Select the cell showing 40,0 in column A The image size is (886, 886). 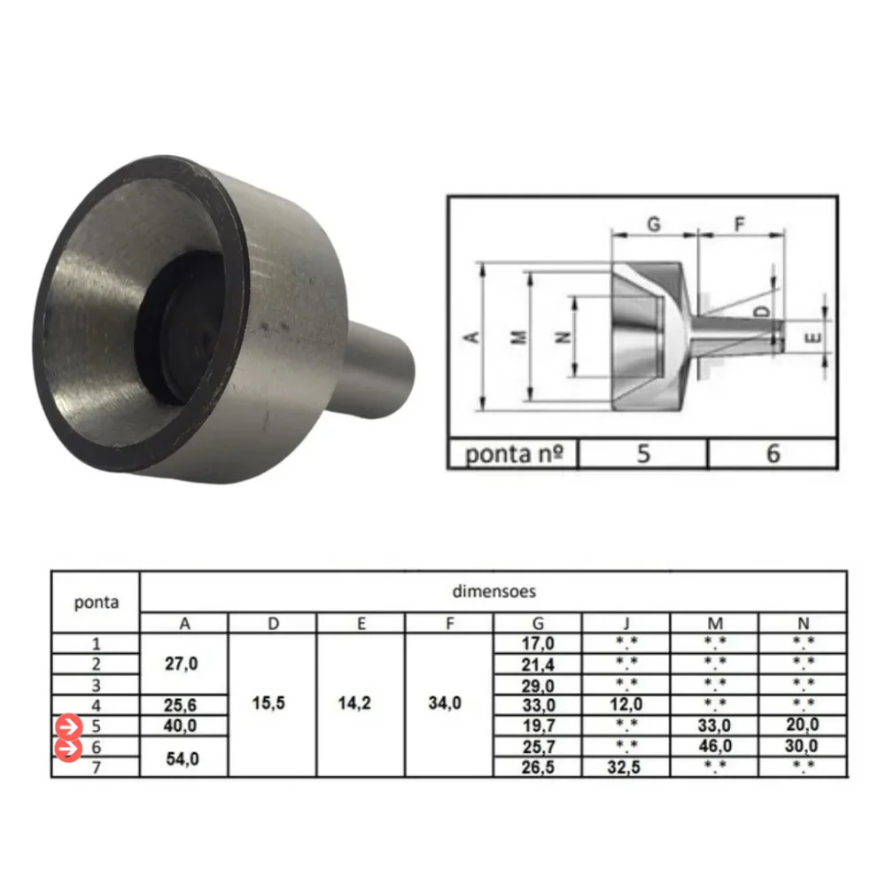pyautogui.click(x=183, y=726)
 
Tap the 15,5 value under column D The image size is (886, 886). pyautogui.click(x=273, y=704)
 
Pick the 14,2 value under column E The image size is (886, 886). pyautogui.click(x=361, y=704)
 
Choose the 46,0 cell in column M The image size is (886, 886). pyautogui.click(x=714, y=747)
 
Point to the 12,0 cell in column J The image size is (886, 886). pyautogui.click(x=626, y=705)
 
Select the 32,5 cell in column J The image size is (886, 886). pyautogui.click(x=626, y=767)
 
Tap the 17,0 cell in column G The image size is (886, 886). pyautogui.click(x=537, y=643)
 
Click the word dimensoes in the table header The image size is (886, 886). pyautogui.click(x=494, y=589)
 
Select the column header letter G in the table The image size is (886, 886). pyautogui.click(x=537, y=623)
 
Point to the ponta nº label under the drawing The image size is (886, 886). pyautogui.click(x=515, y=454)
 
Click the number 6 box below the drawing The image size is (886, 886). pyautogui.click(x=773, y=454)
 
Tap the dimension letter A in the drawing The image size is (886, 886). pyautogui.click(x=473, y=337)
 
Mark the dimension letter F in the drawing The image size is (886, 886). pyautogui.click(x=739, y=224)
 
